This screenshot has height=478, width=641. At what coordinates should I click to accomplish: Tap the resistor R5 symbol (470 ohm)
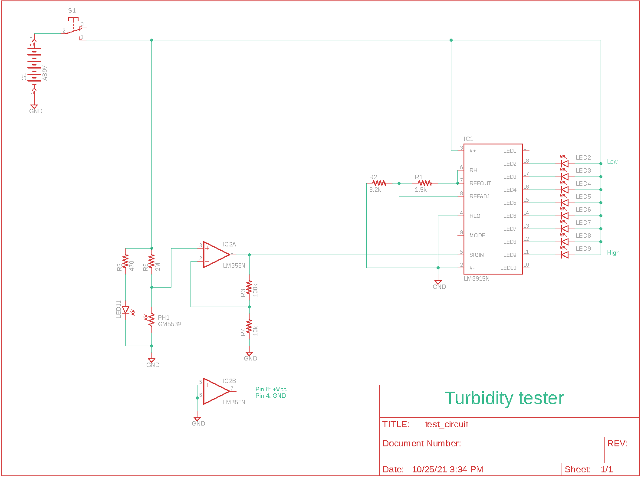(x=125, y=262)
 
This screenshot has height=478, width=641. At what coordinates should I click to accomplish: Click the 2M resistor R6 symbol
(x=151, y=262)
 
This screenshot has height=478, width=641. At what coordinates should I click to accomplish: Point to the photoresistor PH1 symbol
(x=151, y=320)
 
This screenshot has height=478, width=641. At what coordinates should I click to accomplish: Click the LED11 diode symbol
(x=126, y=310)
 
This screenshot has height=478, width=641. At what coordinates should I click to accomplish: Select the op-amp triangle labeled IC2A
(x=216, y=255)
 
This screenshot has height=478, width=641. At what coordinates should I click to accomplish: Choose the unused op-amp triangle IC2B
(x=216, y=391)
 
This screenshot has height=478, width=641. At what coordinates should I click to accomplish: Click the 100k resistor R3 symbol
(x=249, y=288)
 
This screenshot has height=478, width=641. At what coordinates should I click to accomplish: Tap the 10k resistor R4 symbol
(x=249, y=326)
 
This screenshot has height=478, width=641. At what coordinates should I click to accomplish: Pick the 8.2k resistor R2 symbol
(x=379, y=183)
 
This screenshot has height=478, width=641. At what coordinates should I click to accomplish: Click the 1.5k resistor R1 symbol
(x=424, y=183)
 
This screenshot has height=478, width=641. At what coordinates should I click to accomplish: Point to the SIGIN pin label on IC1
(x=477, y=255)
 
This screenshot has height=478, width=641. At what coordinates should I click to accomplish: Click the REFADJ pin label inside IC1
(x=479, y=196)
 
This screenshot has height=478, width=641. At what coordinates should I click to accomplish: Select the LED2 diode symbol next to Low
(x=565, y=164)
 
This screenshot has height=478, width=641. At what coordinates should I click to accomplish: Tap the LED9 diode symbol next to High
(x=565, y=255)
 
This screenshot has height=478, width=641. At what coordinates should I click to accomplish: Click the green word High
(x=613, y=253)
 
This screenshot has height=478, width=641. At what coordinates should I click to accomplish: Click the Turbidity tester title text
(x=504, y=398)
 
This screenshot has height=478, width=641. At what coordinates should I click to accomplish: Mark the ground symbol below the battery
(x=34, y=107)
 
